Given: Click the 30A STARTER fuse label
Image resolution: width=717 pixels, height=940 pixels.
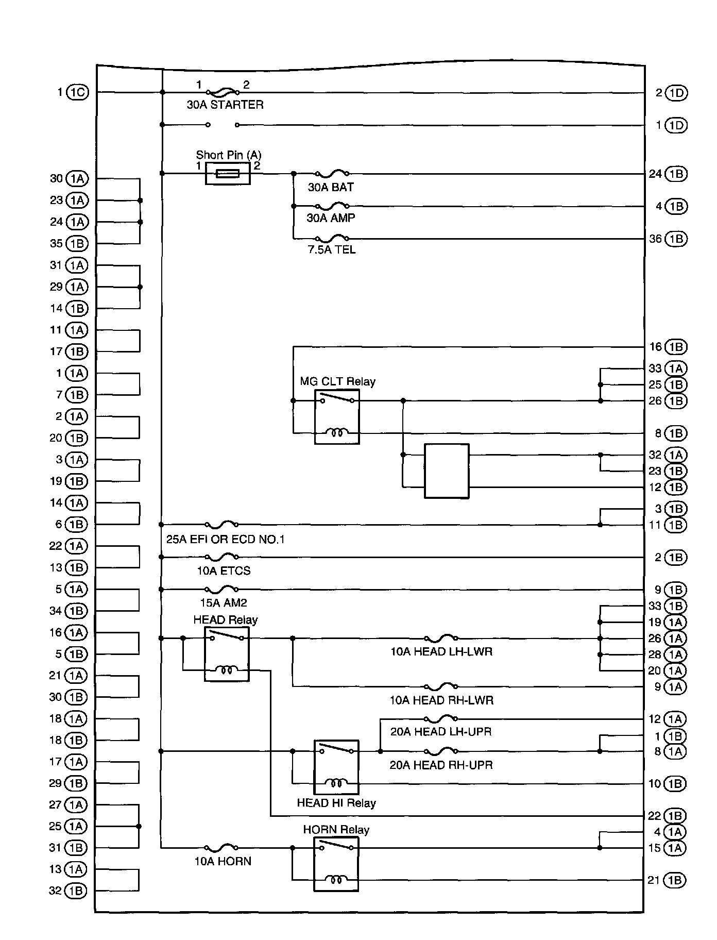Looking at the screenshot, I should click(225, 105).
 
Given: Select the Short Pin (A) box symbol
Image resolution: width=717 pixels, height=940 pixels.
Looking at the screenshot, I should click(228, 174).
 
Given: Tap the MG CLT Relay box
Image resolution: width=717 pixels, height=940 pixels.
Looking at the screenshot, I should click(337, 417).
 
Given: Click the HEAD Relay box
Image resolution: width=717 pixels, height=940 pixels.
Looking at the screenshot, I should click(227, 654).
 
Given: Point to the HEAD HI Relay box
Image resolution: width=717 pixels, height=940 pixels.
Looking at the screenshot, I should click(336, 767).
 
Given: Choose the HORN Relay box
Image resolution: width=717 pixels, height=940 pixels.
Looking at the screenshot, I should click(336, 864).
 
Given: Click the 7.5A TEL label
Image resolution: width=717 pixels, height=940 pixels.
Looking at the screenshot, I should click(332, 250).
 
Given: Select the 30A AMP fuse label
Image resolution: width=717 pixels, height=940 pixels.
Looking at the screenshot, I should click(331, 218).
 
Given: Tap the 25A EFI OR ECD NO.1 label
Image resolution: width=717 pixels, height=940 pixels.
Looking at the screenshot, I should click(225, 540).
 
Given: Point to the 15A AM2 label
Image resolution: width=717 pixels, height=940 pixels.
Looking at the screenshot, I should click(224, 602).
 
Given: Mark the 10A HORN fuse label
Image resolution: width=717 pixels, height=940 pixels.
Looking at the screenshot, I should click(223, 861).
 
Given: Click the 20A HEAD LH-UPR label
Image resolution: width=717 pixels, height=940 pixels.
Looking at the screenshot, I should click(441, 732).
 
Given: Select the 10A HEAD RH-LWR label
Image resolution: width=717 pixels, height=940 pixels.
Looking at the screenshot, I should click(441, 700).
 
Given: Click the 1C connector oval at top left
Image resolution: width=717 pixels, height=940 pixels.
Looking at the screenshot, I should click(78, 92).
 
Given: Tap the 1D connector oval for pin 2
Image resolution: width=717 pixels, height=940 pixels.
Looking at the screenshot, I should click(676, 93).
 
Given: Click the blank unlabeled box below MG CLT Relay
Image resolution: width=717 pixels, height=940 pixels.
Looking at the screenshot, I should click(447, 471).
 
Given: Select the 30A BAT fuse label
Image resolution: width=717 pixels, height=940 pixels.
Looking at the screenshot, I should click(331, 187).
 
